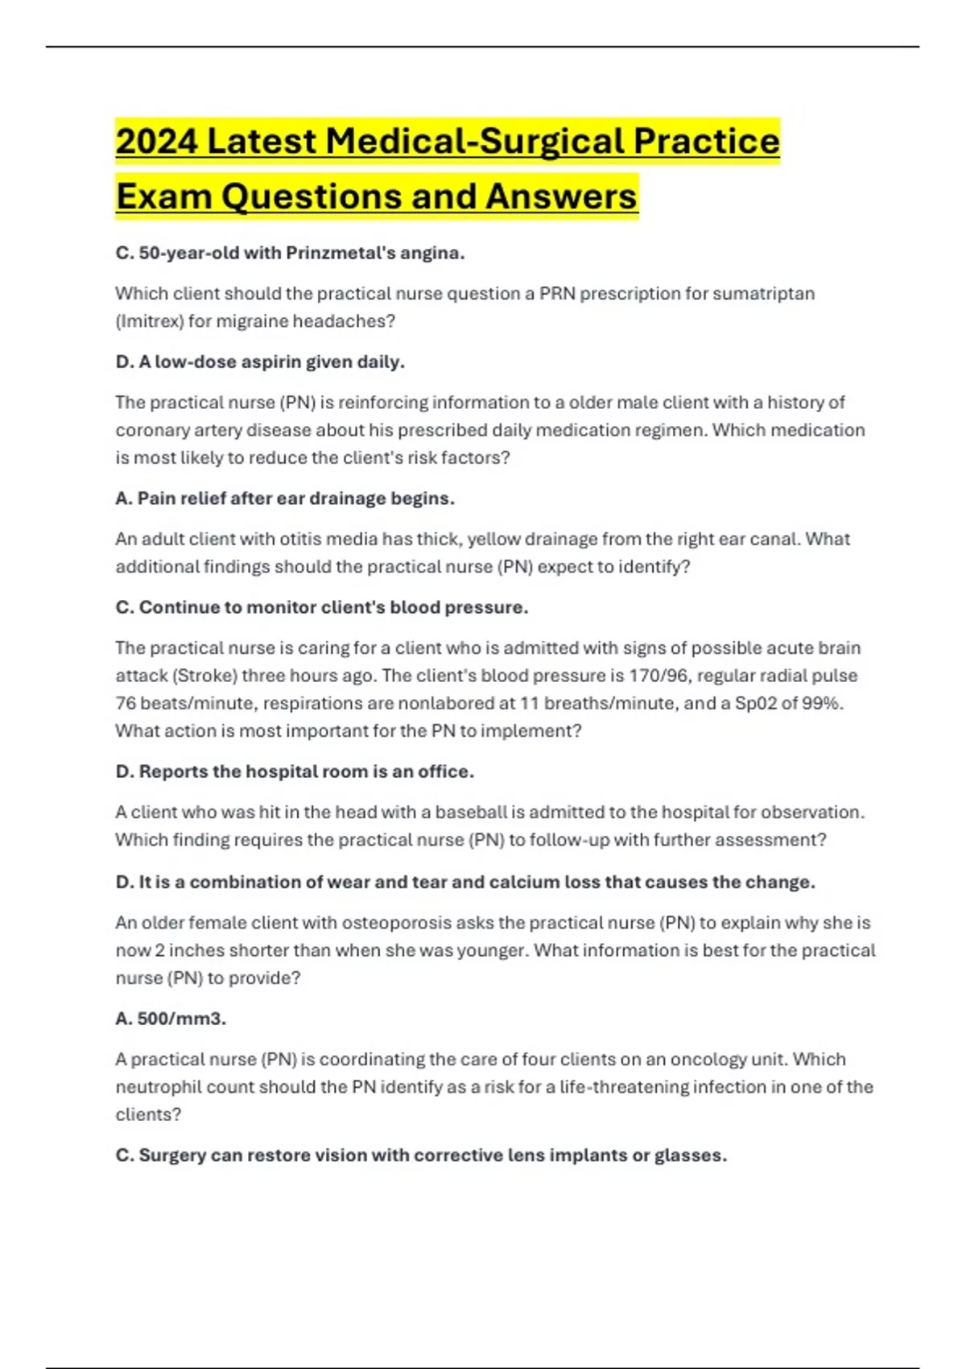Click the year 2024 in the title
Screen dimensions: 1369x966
point(157,142)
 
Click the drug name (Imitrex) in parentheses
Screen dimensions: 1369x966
point(149,321)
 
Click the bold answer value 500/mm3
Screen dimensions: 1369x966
point(181,1019)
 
